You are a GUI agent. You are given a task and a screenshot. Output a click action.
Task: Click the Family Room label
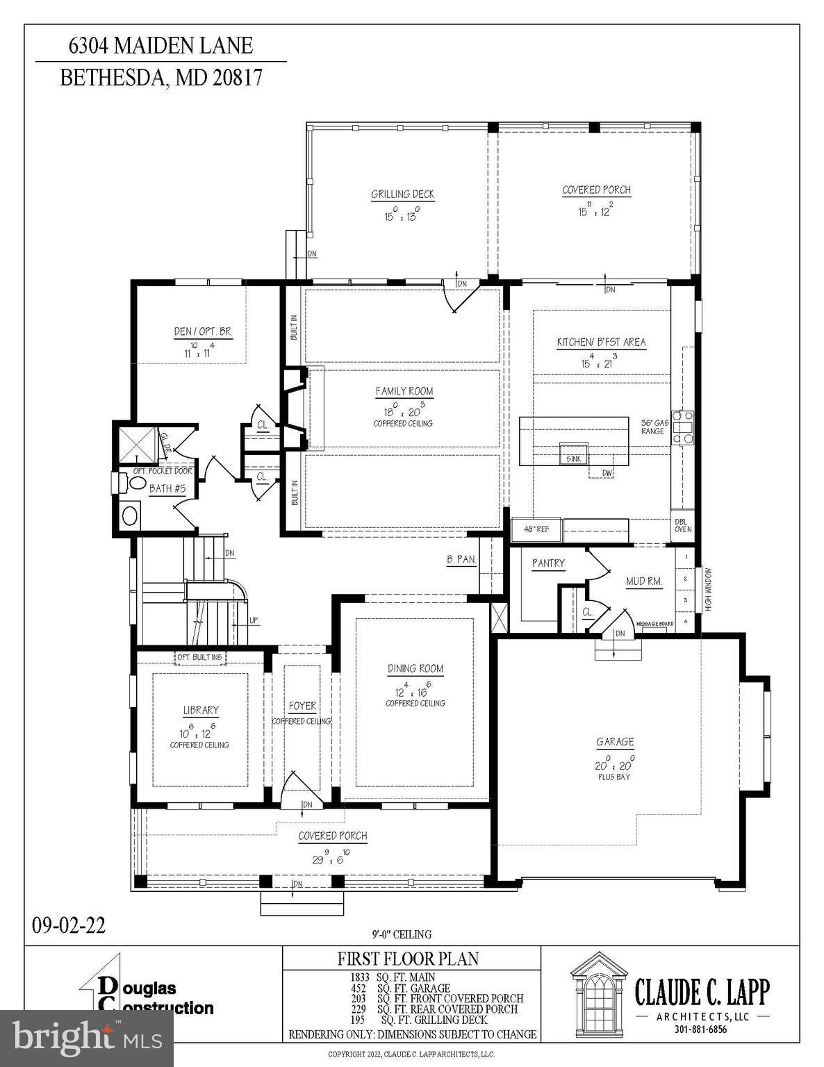404,391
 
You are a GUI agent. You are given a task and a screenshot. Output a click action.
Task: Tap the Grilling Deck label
402,195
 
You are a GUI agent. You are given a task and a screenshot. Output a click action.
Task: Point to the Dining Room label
415,668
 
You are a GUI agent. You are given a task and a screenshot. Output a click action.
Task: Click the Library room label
201,710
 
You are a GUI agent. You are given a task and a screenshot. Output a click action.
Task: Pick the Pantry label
548,563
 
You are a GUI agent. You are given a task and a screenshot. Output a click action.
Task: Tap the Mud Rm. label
644,581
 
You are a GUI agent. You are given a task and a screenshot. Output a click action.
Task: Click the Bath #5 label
167,488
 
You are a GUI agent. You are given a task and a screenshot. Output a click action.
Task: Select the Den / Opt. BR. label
203,332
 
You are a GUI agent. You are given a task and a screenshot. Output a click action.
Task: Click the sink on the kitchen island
573,458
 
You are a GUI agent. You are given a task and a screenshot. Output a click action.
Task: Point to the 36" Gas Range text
653,427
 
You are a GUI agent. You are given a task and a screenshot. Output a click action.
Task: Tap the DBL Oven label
682,525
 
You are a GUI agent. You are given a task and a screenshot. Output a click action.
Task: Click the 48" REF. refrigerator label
536,529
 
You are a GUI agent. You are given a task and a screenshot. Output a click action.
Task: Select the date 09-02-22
69,925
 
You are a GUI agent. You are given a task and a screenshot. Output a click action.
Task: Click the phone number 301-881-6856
700,1029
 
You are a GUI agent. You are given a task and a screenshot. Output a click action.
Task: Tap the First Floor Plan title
408,959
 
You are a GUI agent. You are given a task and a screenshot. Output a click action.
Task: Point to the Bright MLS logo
86,1037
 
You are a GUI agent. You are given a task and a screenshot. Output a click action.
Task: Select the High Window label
709,590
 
